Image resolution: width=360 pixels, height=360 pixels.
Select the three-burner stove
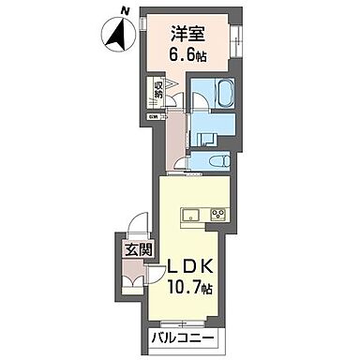(x=218, y=213)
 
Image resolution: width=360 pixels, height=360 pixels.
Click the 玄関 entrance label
(x=129, y=250)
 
